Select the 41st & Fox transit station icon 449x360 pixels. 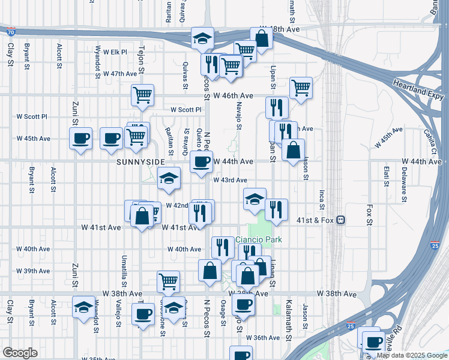(340, 220)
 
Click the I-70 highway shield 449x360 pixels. (11, 31)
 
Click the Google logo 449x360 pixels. (20, 352)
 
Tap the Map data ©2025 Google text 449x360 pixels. (411, 355)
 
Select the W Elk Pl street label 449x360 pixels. (114, 52)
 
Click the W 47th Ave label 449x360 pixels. (120, 74)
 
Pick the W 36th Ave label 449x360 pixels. (259, 338)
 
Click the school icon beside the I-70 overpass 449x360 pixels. (203, 38)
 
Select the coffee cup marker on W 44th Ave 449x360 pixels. (201, 161)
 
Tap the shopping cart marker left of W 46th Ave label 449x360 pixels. (142, 94)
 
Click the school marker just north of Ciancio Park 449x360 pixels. (255, 199)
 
